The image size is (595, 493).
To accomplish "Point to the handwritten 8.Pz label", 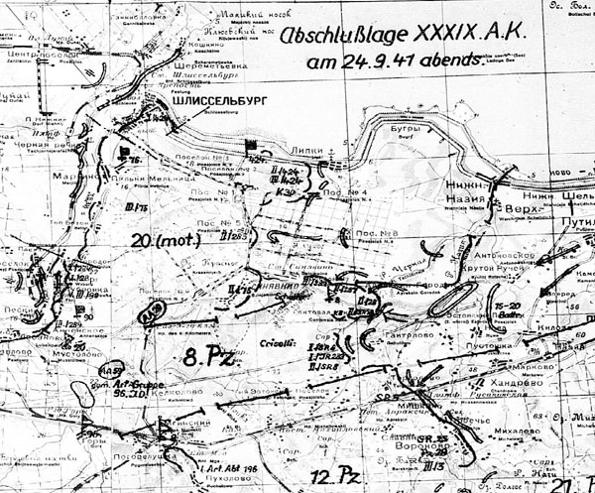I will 210,356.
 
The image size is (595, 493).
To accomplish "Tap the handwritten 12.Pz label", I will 331,476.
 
